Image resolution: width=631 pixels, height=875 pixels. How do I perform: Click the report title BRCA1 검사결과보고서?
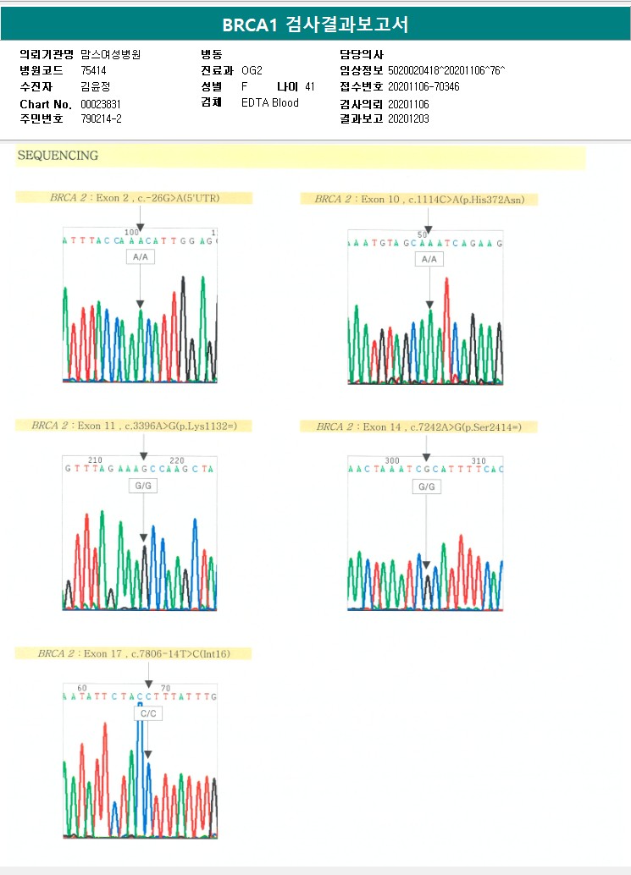click(x=315, y=25)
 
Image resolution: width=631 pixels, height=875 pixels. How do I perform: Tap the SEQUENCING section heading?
click(x=58, y=156)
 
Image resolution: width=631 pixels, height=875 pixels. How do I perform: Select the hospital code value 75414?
click(x=94, y=70)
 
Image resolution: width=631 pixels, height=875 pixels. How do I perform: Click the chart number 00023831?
click(x=101, y=103)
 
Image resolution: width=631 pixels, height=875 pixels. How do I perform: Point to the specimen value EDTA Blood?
click(x=269, y=103)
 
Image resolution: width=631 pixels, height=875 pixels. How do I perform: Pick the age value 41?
click(x=310, y=86)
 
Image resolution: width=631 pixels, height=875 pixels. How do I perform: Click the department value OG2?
click(x=252, y=70)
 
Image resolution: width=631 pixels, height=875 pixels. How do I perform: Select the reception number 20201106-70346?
click(x=423, y=86)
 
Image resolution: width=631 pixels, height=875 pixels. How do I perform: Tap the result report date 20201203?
click(x=408, y=119)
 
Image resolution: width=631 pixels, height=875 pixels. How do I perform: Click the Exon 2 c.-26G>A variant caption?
click(x=134, y=198)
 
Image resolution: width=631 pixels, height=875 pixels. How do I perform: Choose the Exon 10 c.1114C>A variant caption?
click(x=419, y=200)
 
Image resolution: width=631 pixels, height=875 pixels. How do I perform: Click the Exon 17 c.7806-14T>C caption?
click(x=133, y=653)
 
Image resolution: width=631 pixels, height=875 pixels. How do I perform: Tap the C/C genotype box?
click(x=148, y=713)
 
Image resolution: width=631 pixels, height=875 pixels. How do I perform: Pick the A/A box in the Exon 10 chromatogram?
click(x=429, y=259)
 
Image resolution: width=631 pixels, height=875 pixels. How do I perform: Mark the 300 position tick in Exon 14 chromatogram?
click(x=392, y=461)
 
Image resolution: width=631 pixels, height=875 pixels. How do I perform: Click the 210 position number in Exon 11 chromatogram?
click(x=95, y=460)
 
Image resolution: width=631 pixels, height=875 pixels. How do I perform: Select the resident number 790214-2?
click(x=101, y=119)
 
